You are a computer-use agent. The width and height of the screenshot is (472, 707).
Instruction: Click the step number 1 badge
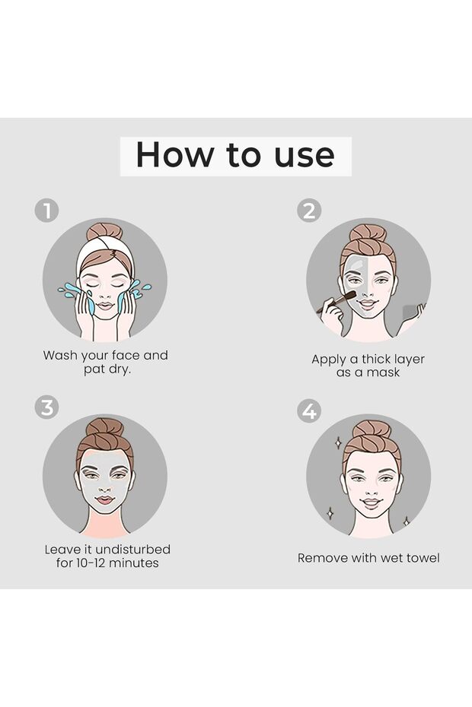pos(46,211)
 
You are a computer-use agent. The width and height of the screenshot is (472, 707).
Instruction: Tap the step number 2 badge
pos(309,211)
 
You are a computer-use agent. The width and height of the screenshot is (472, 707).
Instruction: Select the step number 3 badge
pos(46,407)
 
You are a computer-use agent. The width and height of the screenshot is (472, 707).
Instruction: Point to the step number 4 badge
pos(309,411)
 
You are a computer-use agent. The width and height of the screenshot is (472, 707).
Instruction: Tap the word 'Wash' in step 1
pos(60,355)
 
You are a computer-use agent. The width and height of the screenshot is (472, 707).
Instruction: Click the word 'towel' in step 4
pos(423,558)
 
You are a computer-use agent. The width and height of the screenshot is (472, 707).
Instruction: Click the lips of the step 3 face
pos(105,500)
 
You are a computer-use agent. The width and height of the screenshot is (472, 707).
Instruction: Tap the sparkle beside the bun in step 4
pos(338,442)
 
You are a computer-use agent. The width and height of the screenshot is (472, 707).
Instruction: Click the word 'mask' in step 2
pos(383,373)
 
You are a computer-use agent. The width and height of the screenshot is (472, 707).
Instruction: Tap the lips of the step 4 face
pos(371,503)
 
